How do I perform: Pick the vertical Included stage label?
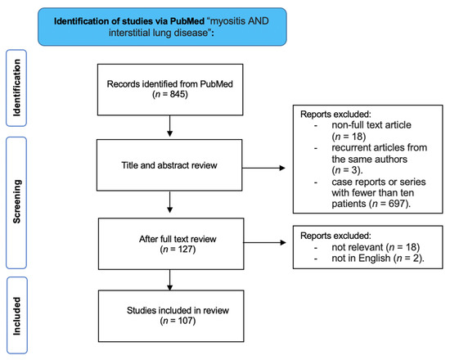[15, 314]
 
